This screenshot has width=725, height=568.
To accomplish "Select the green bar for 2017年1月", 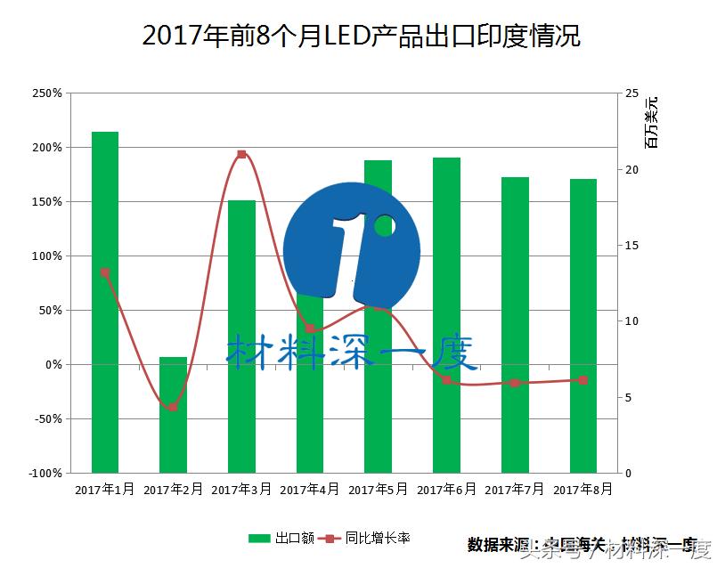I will coord(105,303).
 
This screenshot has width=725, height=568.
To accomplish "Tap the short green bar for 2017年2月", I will coord(173,415).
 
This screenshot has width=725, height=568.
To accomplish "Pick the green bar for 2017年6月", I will coord(446,316).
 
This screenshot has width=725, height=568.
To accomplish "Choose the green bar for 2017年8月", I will coord(583,326).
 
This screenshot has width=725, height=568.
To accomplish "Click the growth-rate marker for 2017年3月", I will coord(241,155).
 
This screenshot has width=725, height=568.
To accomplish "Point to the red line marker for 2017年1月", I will coord(105,273).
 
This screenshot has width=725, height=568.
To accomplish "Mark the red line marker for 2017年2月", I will coord(173,407).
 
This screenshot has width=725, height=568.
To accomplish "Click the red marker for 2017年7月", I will coord(515,383).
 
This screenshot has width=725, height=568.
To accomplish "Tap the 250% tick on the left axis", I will coord(46,93).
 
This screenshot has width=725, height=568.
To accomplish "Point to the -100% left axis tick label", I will coord(44,473).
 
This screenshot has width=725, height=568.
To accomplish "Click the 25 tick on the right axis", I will coord(632,93).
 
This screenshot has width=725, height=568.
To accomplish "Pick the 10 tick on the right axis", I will coord(632,321).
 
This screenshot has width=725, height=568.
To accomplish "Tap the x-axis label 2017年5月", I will coord(378,490).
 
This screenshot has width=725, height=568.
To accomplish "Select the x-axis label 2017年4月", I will coord(309,490).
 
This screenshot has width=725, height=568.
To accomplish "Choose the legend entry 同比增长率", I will coord(378,538).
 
